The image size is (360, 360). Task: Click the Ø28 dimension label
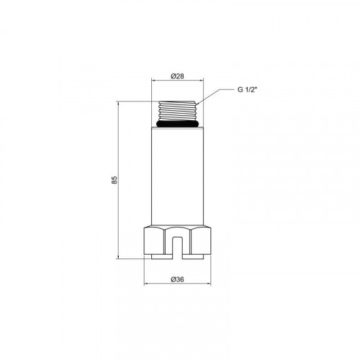[177, 76]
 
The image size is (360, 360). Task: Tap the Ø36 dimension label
[177, 279]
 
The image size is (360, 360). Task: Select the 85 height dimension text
[115, 180]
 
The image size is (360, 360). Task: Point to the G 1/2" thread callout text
[248, 89]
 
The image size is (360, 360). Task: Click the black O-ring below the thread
[177, 124]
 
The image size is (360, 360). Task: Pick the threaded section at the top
[177, 111]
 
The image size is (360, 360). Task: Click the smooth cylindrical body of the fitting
[177, 176]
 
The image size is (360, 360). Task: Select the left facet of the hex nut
[154, 241]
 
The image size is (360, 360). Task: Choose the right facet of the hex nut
[201, 241]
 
